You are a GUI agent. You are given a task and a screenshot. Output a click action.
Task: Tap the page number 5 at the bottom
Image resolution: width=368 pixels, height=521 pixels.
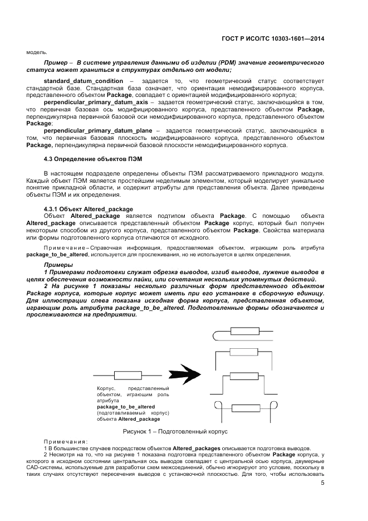(x=322, y=483)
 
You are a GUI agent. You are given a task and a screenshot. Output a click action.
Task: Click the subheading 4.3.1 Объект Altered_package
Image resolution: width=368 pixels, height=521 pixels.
(x=84, y=209)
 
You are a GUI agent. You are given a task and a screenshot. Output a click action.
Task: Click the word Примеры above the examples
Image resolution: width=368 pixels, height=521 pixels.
(x=58, y=265)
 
